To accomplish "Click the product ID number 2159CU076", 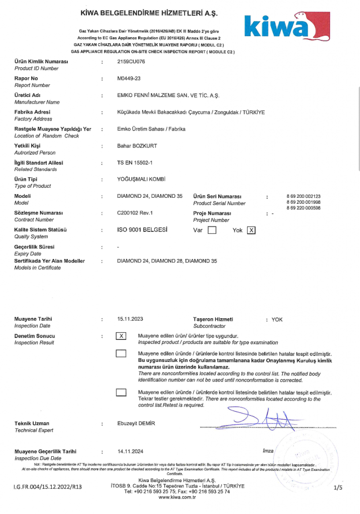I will tap(130, 62).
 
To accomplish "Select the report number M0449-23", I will tap(129, 79).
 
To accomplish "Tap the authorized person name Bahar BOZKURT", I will tap(137, 146).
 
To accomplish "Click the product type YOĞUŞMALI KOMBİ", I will tap(141, 179).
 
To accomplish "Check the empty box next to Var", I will tap(212, 230).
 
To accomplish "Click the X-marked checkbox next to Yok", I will tap(252, 230).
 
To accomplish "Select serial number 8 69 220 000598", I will tap(303, 208).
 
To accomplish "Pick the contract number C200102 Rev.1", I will tap(135, 213).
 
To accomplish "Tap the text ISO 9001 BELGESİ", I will tap(142, 230).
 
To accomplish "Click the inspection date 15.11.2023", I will tap(130, 319).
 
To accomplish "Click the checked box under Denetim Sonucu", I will tap(121, 336).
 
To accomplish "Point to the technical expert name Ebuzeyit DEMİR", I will tap(136, 424).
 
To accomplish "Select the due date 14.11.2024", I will tap(130, 451).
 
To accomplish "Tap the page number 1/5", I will tap(337, 487).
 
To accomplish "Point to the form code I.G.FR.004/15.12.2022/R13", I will tap(47, 487).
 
